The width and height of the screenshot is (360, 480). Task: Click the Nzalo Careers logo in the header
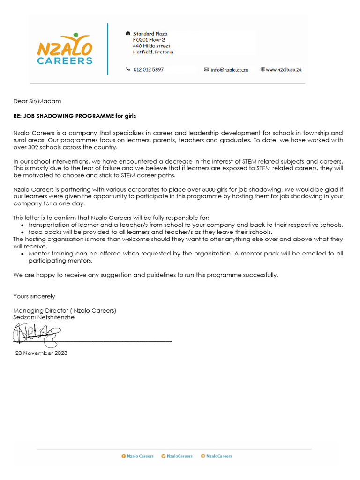(65, 49)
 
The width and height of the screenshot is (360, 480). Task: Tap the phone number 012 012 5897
(149, 69)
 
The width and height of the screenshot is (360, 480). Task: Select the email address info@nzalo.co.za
(229, 70)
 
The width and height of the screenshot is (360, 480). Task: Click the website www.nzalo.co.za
(284, 69)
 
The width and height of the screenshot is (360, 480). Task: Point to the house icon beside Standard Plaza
(128, 34)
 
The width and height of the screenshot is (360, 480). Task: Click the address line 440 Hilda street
(151, 46)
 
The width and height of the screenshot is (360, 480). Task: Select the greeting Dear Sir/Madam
(37, 101)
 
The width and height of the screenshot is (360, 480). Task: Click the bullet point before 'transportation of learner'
(23, 225)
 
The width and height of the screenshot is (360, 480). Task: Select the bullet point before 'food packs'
(23, 232)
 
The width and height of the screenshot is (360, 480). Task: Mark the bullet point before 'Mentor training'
(23, 254)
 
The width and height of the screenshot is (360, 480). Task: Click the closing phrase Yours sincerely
(34, 296)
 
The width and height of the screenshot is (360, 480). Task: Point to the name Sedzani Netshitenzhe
(44, 317)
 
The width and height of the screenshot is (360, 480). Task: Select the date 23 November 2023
(42, 353)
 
